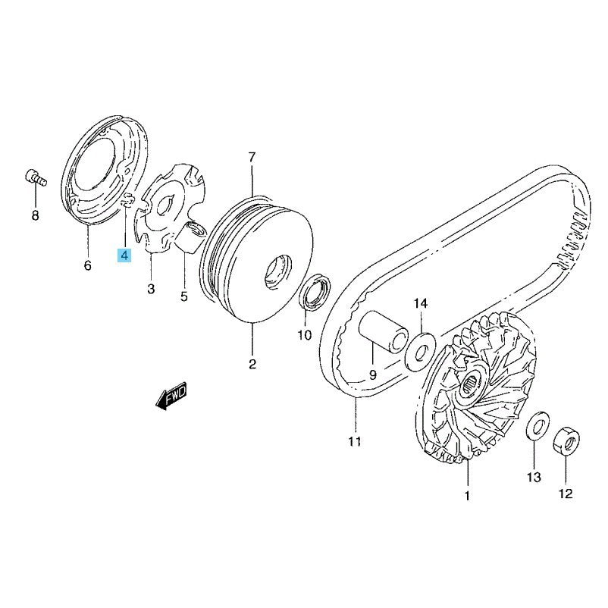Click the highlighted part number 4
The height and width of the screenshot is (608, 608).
(x=124, y=255)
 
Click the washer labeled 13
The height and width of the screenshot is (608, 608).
(x=537, y=426)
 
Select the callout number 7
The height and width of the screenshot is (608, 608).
(x=252, y=158)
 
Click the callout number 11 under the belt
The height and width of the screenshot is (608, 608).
(x=354, y=441)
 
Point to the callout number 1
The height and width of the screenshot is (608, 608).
(x=467, y=496)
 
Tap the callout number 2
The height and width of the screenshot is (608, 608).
(x=252, y=364)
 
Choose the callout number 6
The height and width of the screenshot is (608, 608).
(x=88, y=265)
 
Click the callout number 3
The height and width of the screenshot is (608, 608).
(x=151, y=289)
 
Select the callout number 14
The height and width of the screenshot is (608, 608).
(x=420, y=303)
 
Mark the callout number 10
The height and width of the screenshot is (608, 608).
(x=305, y=335)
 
